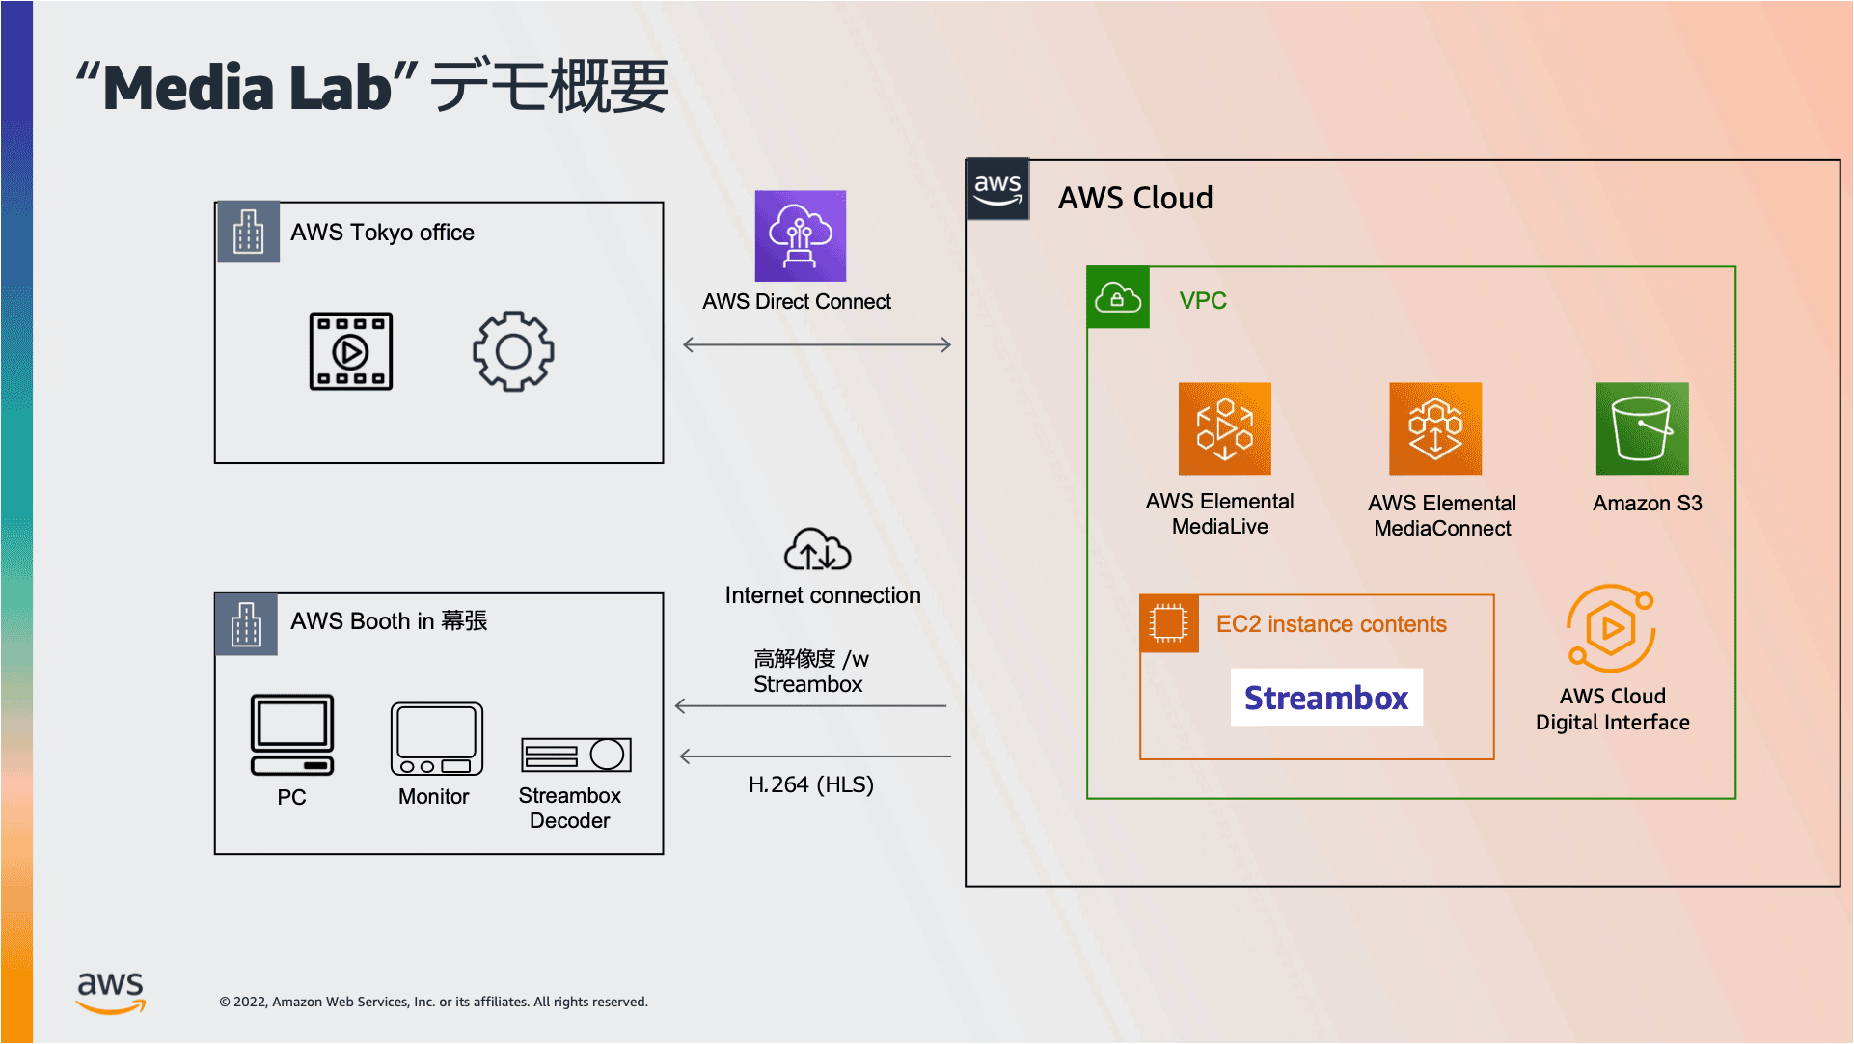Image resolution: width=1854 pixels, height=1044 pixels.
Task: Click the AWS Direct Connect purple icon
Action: [800, 235]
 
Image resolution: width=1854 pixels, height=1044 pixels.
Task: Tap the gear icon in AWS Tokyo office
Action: [513, 351]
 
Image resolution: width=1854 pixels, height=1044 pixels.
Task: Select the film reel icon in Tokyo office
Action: [351, 351]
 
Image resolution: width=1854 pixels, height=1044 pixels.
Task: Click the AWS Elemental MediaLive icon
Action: [1224, 428]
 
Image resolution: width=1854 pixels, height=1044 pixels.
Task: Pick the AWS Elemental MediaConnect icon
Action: [1435, 428]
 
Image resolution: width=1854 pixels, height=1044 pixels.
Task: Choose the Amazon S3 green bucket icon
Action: [1642, 428]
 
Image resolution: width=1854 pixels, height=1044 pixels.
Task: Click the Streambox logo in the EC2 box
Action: [1326, 697]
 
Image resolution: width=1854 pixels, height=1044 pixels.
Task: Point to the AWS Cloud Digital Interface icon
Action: [1611, 628]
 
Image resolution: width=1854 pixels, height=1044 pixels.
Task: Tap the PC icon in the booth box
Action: [292, 735]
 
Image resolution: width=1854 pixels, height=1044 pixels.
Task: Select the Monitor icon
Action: [436, 738]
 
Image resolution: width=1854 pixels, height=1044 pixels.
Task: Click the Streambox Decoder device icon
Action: [576, 755]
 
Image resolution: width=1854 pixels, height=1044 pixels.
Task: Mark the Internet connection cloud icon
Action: [817, 549]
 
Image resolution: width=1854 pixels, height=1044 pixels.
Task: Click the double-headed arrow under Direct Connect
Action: [817, 344]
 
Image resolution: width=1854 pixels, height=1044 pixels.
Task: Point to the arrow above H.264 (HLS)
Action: [815, 756]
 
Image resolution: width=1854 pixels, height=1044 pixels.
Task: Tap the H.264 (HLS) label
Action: [811, 784]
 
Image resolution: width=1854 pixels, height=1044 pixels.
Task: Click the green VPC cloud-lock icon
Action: [1118, 297]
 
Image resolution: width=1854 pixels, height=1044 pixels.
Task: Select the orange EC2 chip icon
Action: [1169, 623]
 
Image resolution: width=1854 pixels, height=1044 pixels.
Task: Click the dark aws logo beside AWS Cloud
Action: [997, 189]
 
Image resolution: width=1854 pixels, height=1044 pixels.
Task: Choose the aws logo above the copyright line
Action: [111, 992]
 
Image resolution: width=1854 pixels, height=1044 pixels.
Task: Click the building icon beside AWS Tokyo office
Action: [248, 232]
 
